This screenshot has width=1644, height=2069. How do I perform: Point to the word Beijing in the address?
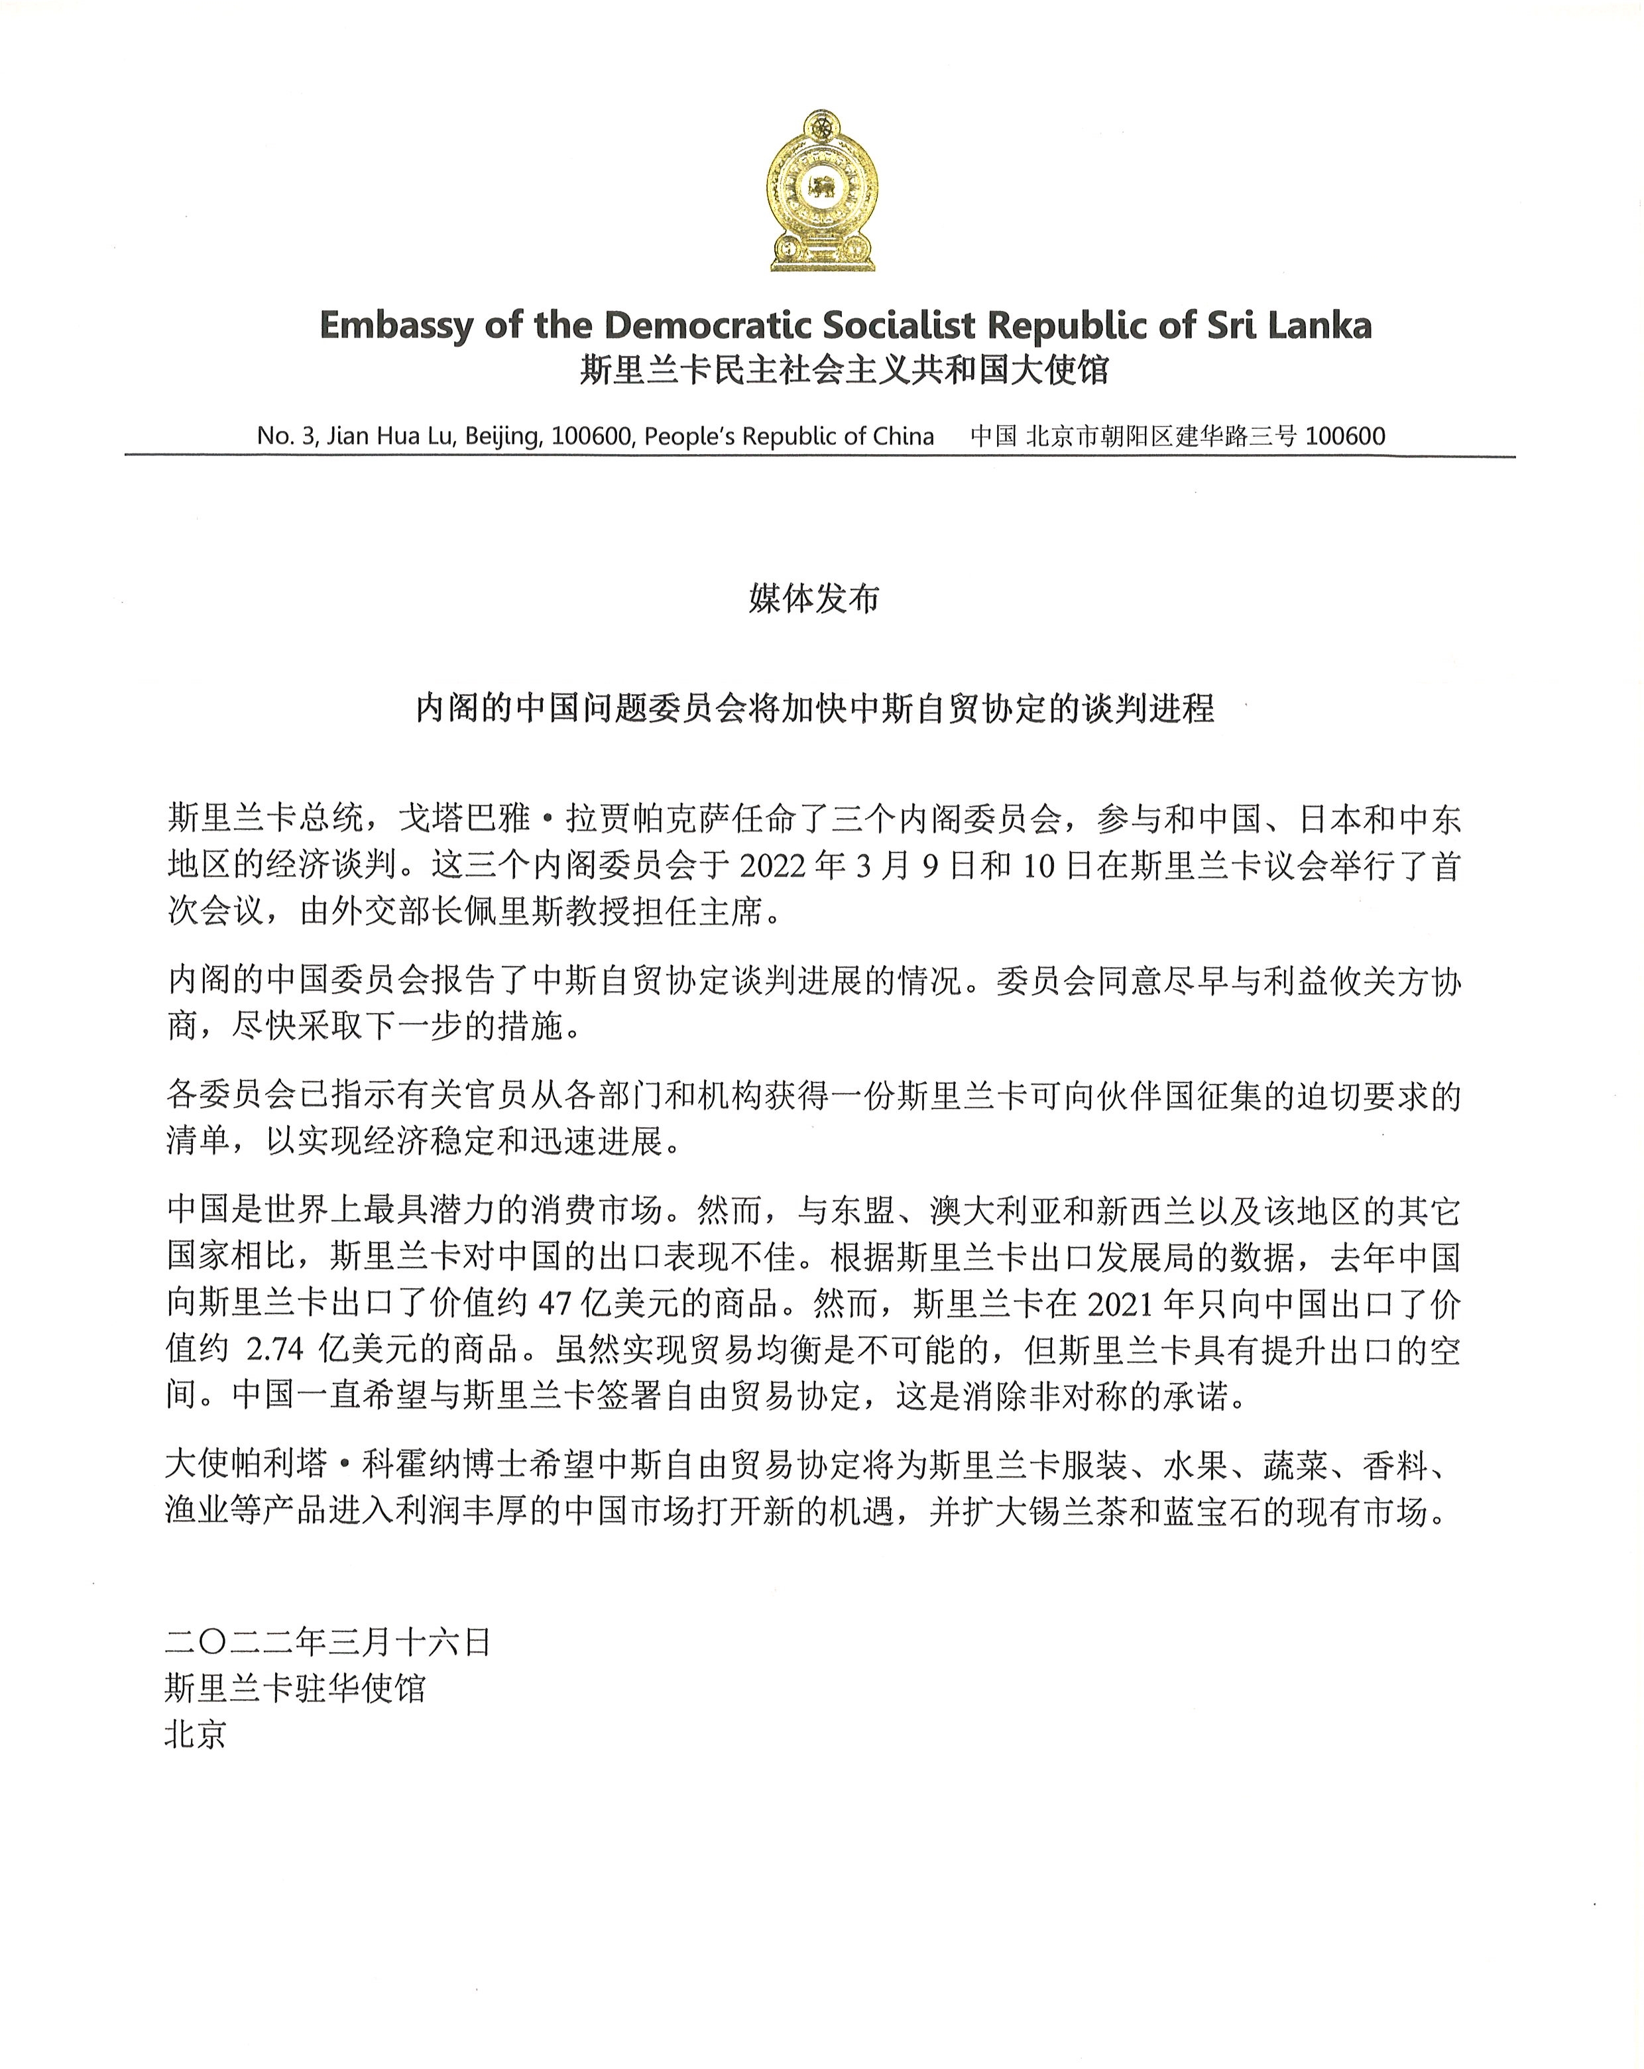click(x=503, y=437)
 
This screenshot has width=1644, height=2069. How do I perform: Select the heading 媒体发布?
click(x=814, y=599)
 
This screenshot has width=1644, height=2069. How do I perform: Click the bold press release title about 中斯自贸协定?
click(x=815, y=708)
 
